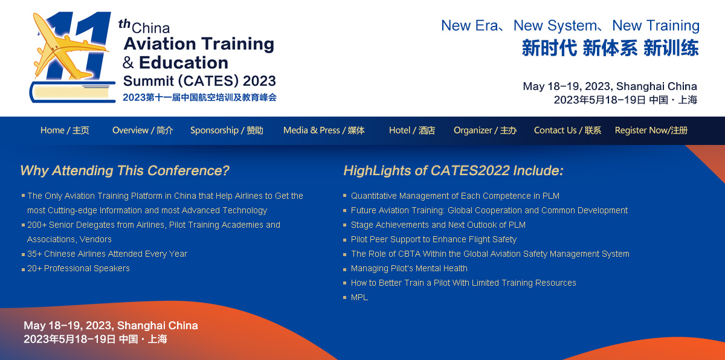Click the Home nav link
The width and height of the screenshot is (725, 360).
(65, 130)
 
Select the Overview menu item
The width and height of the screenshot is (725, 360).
(143, 130)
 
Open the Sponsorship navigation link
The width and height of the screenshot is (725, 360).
(227, 130)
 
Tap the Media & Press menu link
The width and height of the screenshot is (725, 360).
(324, 130)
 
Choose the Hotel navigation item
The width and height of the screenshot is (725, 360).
(412, 130)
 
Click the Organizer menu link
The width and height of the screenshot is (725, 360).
(485, 130)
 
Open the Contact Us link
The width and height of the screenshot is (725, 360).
(567, 130)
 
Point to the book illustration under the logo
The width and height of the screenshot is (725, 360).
(72, 92)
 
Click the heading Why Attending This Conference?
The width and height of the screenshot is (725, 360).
(124, 170)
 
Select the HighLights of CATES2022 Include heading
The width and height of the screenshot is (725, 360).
(453, 170)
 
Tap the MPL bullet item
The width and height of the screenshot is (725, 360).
(359, 297)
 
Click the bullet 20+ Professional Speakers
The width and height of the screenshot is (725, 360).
(79, 268)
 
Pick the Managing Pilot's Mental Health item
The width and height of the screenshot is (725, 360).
(409, 268)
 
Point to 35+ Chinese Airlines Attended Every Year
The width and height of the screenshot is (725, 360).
(107, 254)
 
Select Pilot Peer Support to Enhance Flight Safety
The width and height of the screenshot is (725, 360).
(434, 239)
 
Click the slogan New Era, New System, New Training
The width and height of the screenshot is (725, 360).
(570, 25)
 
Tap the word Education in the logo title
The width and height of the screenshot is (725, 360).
(184, 62)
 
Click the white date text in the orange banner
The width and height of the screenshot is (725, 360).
(111, 332)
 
